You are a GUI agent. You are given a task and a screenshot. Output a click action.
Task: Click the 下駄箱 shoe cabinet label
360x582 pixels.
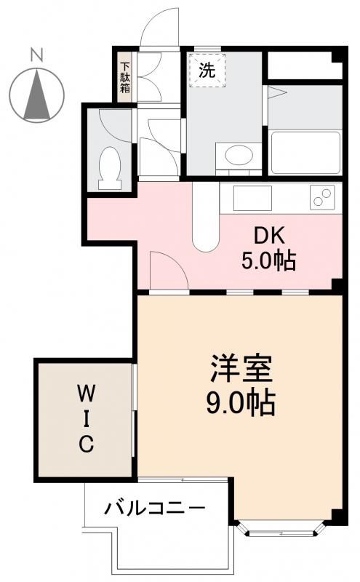(125, 76)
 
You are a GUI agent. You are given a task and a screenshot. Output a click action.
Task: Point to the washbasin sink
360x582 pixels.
(236, 155)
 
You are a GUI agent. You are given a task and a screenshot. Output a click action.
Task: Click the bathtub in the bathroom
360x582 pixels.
(305, 153)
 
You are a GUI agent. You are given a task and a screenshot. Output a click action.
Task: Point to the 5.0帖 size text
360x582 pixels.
(269, 260)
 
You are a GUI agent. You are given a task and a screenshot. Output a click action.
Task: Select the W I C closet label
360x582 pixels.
(86, 420)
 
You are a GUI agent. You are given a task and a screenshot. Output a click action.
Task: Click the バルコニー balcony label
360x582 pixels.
(154, 507)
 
